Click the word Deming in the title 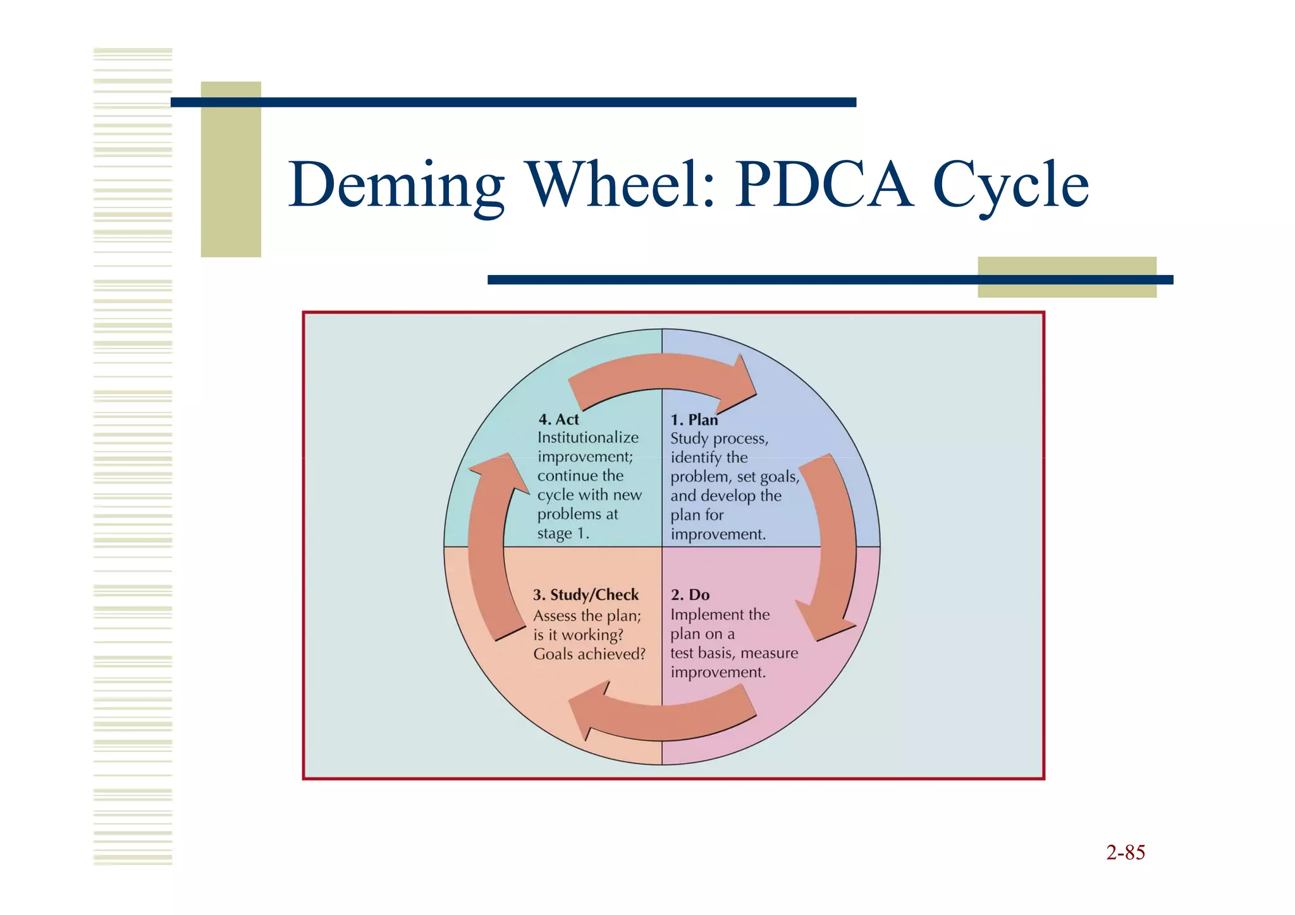pyautogui.click(x=396, y=185)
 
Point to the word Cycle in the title pyautogui.click(x=1010, y=185)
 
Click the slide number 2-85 pyautogui.click(x=1126, y=852)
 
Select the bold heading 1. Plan pyautogui.click(x=694, y=420)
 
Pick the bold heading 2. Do pyautogui.click(x=690, y=595)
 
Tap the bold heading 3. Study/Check pyautogui.click(x=586, y=595)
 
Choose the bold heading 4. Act pyautogui.click(x=558, y=419)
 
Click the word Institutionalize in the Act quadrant pyautogui.click(x=588, y=438)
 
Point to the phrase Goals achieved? pyautogui.click(x=589, y=654)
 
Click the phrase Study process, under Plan pyautogui.click(x=719, y=439)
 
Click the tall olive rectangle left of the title pyautogui.click(x=231, y=169)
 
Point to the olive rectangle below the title pyautogui.click(x=1067, y=277)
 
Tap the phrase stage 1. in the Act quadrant pyautogui.click(x=563, y=534)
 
